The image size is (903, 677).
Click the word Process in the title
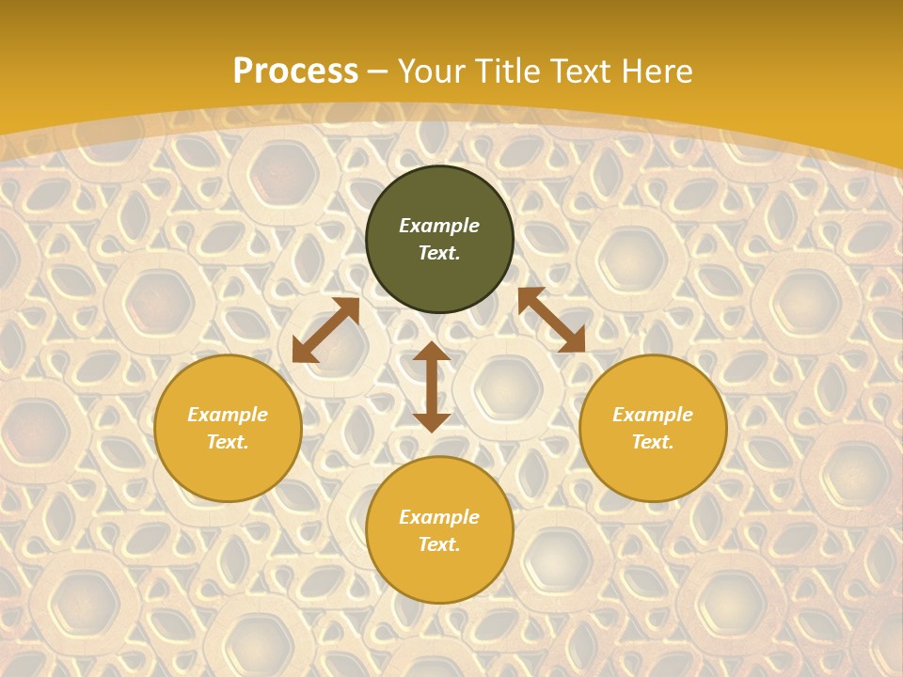(x=295, y=71)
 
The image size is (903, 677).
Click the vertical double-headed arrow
(x=432, y=386)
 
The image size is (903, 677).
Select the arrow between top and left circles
(x=325, y=330)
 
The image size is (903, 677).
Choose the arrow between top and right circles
(x=551, y=320)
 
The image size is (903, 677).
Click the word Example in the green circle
(x=439, y=226)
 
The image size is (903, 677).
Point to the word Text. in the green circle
(x=439, y=253)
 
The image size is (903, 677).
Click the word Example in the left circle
(x=228, y=415)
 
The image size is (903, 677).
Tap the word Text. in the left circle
(x=228, y=442)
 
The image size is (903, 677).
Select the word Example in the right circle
(x=653, y=415)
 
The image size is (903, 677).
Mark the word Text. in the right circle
(x=653, y=442)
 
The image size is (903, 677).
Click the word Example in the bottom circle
(x=439, y=517)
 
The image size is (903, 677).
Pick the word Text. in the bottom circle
(x=439, y=544)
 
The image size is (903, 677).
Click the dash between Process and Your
(x=378, y=72)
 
